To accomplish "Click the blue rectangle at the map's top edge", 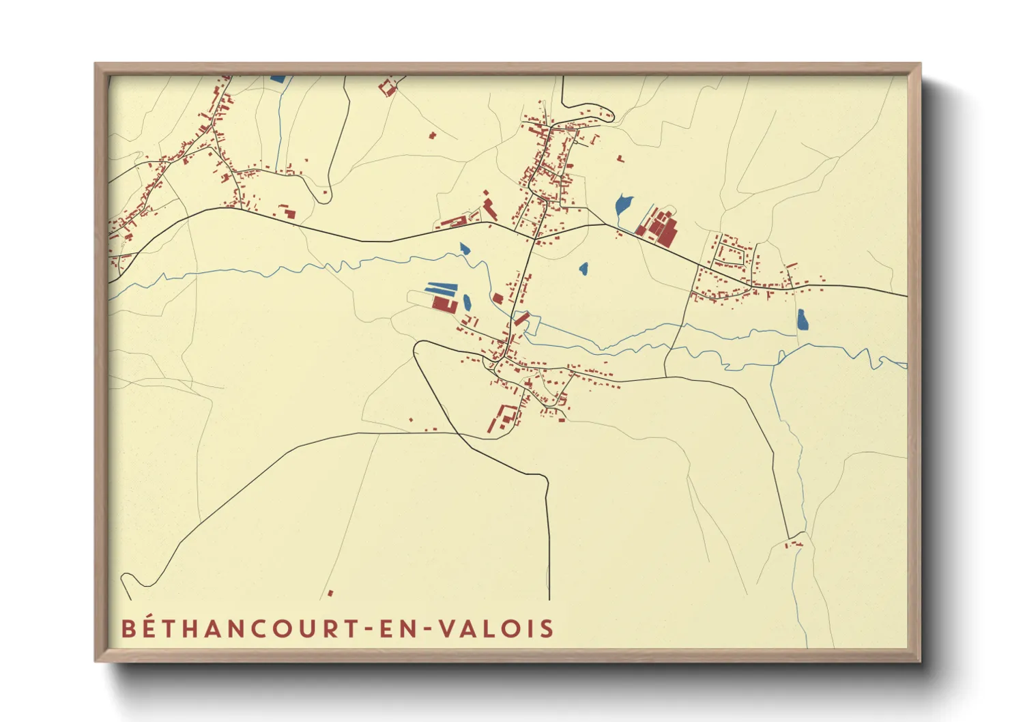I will click(x=278, y=78).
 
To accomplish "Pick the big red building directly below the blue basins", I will click(x=444, y=304).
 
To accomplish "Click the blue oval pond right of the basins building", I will click(x=467, y=302).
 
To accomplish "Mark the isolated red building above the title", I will click(x=330, y=593).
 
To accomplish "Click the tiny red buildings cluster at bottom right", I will click(x=793, y=544).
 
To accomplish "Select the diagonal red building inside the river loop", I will click(x=522, y=318).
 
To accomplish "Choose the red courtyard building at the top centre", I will click(x=388, y=88).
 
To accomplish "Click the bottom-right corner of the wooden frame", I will click(x=920, y=661).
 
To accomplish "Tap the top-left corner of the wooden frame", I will click(x=96, y=64).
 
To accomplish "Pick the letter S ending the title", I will click(x=547, y=629).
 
